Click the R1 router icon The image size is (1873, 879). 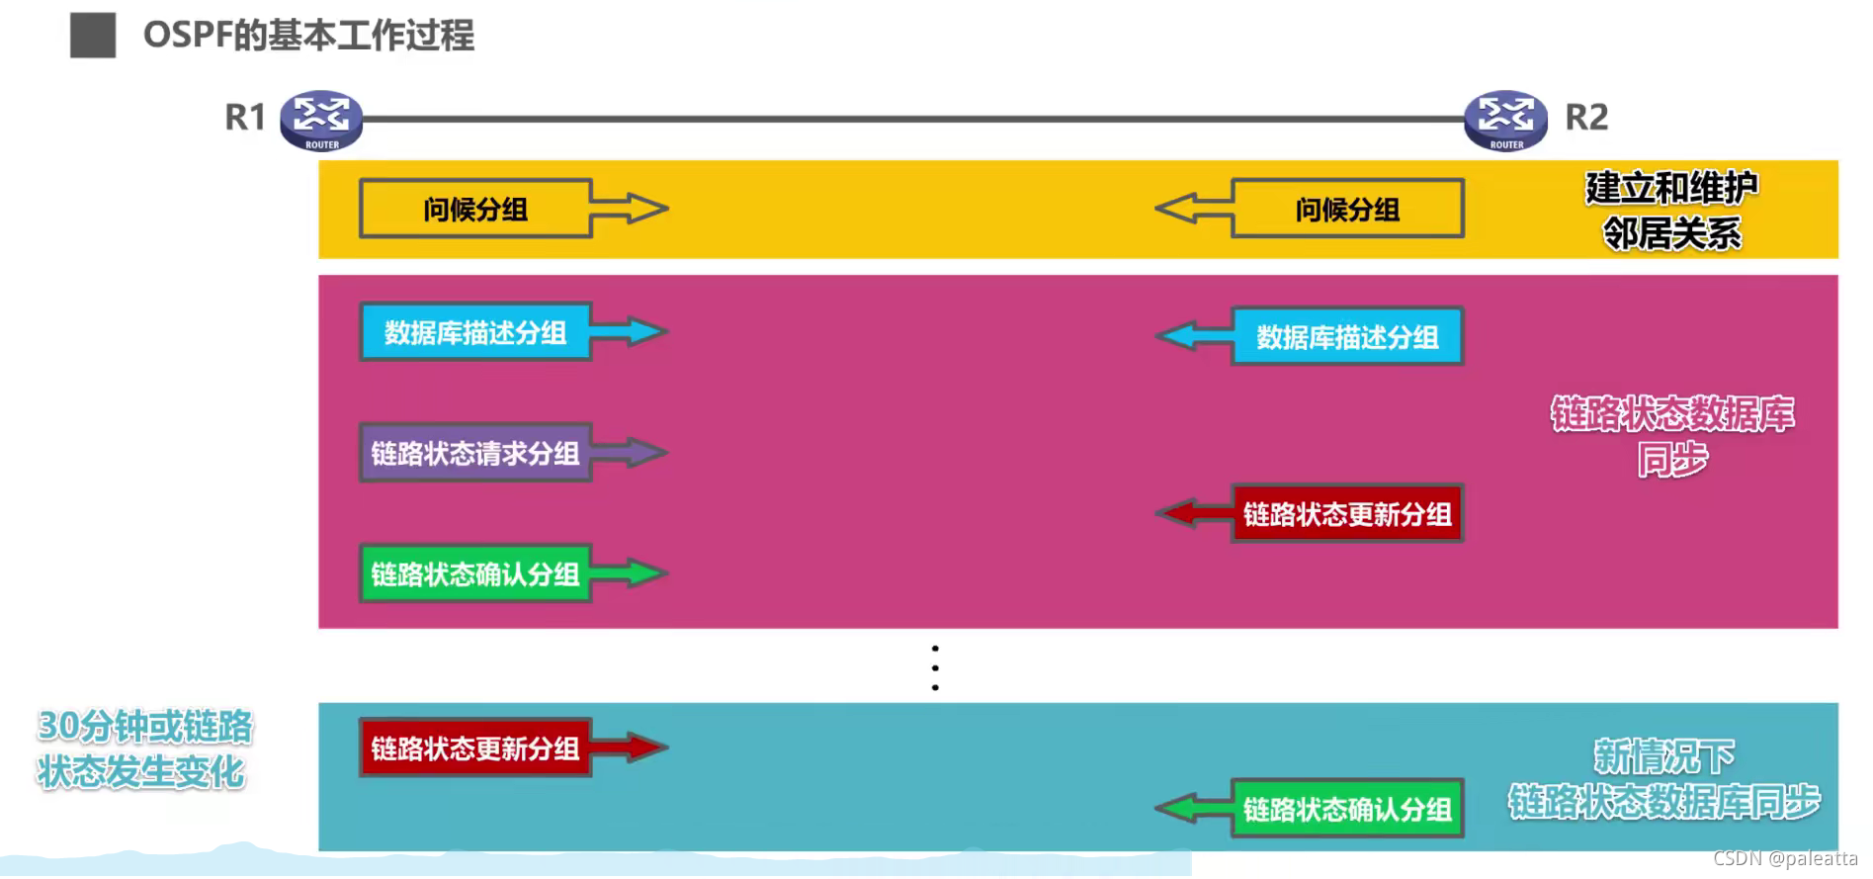321,120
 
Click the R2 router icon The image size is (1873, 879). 1505,120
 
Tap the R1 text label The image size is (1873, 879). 245,118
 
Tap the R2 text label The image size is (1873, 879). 1586,118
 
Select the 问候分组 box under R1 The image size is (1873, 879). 475,209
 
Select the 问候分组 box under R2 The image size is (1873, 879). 1347,209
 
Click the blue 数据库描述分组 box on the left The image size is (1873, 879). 475,332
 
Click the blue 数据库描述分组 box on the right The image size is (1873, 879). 1347,337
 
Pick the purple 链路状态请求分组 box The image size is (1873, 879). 475,453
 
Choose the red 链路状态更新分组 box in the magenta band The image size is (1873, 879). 1347,514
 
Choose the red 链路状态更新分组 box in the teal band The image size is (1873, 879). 475,748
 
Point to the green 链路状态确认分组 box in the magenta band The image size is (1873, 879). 475,573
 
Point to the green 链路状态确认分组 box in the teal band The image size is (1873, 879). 1347,810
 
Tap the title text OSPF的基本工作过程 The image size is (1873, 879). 308,36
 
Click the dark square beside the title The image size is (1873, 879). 93,36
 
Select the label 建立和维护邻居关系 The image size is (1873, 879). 1671,210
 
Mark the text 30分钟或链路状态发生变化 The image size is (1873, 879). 144,748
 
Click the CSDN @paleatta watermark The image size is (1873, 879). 1785,858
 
